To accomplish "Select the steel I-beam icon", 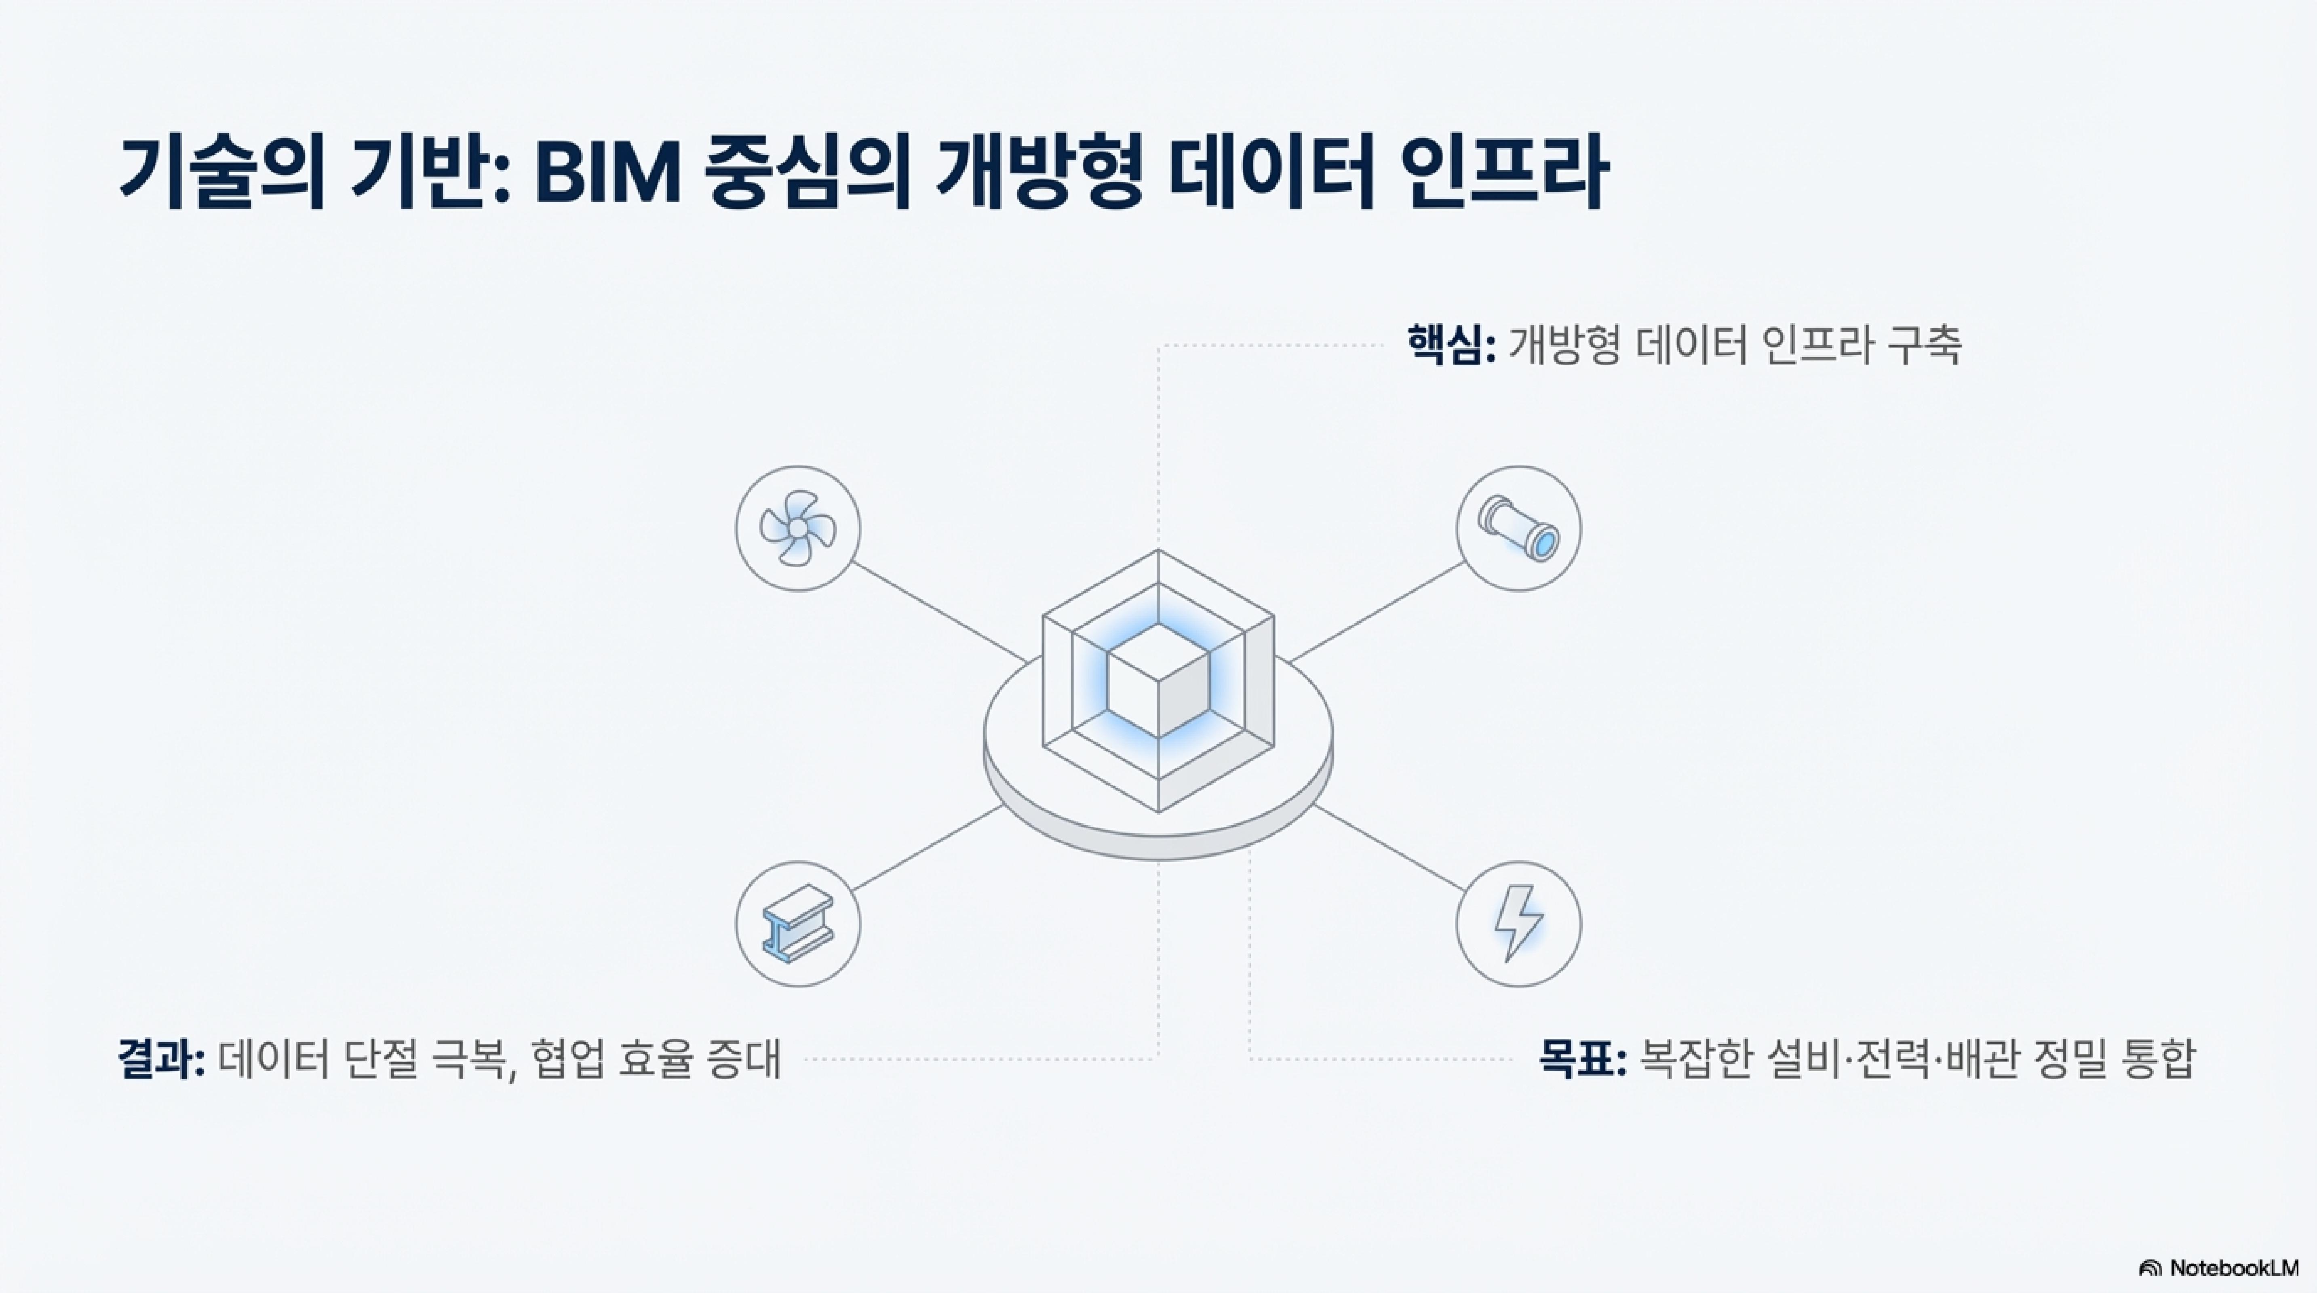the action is pos(798,923).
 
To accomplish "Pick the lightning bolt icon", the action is pos(1518,923).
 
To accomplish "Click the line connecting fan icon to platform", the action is pos(940,612).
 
